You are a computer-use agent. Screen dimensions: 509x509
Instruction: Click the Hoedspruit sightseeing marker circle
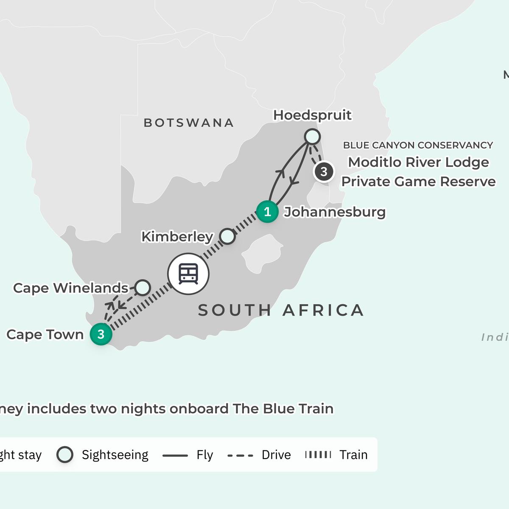(x=312, y=137)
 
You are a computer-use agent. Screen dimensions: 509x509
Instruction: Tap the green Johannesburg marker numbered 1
(x=267, y=211)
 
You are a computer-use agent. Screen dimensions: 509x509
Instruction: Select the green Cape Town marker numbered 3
(x=101, y=334)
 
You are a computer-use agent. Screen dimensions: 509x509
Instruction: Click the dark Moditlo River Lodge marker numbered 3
(x=324, y=172)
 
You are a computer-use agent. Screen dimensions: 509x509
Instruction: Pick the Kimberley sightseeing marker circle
(x=228, y=236)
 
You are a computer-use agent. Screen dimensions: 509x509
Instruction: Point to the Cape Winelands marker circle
(x=143, y=288)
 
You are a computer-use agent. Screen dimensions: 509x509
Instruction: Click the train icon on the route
(x=188, y=274)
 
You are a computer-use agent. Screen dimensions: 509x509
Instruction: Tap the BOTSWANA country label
(x=189, y=123)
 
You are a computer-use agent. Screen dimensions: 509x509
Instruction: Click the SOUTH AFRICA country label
(x=281, y=310)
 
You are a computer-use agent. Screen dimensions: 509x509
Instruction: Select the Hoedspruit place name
(x=312, y=115)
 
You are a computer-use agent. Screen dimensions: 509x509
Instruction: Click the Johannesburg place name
(x=335, y=212)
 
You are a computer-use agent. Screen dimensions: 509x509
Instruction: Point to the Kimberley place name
(x=177, y=236)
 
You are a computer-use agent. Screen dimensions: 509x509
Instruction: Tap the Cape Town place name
(x=45, y=334)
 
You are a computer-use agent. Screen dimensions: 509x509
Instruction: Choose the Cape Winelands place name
(x=70, y=288)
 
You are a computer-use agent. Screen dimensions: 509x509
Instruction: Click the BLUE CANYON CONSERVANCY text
(x=418, y=145)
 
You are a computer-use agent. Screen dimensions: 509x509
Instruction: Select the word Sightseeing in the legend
(x=115, y=455)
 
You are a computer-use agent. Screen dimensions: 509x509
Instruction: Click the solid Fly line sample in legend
(x=175, y=456)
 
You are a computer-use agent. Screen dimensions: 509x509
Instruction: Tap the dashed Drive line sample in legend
(x=240, y=456)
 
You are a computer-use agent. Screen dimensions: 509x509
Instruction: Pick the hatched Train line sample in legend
(x=318, y=455)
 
